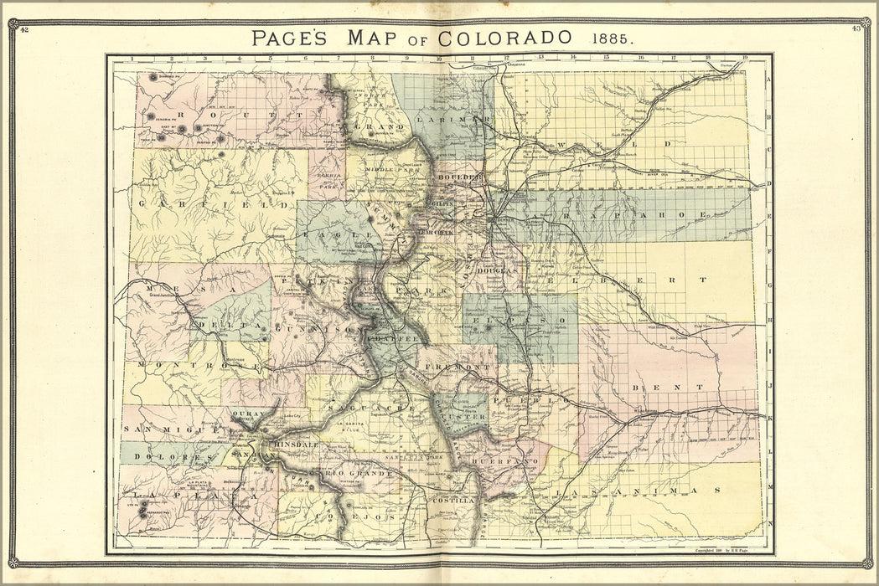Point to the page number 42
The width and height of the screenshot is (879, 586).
(24, 29)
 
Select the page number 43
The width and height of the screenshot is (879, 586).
(856, 29)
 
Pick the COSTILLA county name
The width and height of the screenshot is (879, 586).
(453, 500)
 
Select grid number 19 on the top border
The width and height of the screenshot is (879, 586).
(743, 58)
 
